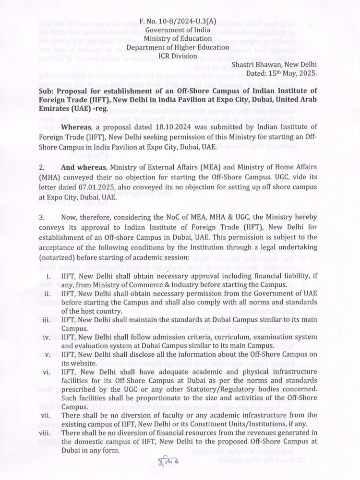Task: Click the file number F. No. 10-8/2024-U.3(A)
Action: (x=180, y=22)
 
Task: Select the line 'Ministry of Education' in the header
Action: (x=180, y=39)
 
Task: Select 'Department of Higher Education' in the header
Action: (x=180, y=47)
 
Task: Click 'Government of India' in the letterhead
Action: (x=180, y=30)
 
